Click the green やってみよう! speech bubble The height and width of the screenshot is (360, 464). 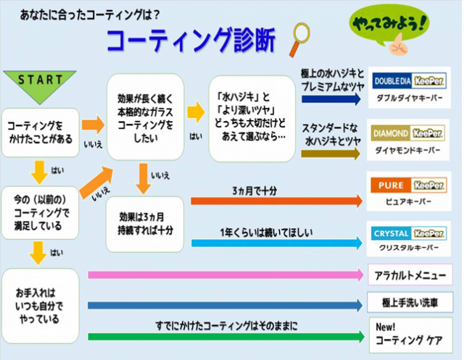pos(389,30)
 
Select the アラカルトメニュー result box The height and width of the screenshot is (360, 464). pos(410,275)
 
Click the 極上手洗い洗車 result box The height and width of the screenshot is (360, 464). pos(410,301)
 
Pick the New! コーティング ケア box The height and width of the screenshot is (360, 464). pos(410,332)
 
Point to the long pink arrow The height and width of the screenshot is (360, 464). pos(225,275)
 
